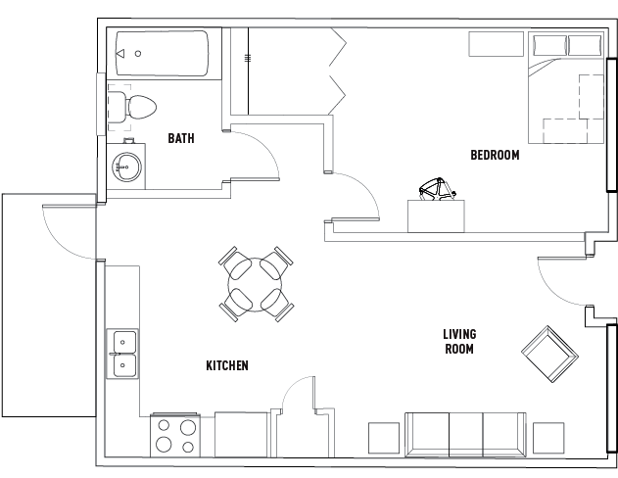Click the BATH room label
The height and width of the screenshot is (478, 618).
coord(180,138)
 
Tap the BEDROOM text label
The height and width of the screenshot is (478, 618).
coord(495,155)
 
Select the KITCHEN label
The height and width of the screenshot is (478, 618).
coord(226,365)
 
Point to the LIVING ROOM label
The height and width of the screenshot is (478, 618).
coord(459,341)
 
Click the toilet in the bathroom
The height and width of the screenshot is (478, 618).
coord(136,107)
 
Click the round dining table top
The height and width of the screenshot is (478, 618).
coord(257,284)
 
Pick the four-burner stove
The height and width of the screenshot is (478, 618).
coord(175,434)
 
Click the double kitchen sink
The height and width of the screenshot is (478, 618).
coord(123,354)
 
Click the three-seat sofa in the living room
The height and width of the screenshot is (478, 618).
coord(465,433)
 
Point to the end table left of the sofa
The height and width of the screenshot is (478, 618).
coord(384,437)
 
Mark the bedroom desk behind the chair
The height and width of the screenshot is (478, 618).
coord(437,215)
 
